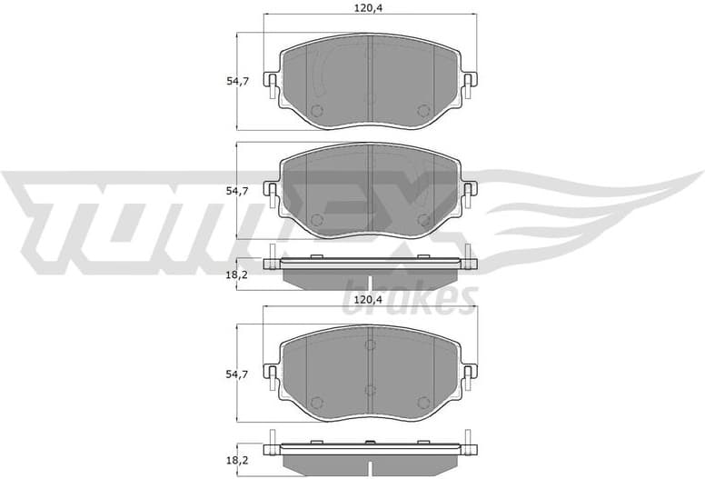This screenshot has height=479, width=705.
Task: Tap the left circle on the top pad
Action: coord(316,111)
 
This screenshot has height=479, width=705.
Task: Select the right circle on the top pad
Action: coord(422,111)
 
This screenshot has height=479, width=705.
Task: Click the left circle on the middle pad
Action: coord(316,220)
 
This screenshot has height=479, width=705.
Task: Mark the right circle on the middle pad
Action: coord(422,220)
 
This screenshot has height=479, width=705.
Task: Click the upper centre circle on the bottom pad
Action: coord(369,344)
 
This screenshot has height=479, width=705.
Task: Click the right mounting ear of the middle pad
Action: coord(469,190)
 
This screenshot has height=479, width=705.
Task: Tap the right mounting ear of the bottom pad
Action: coord(469,371)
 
